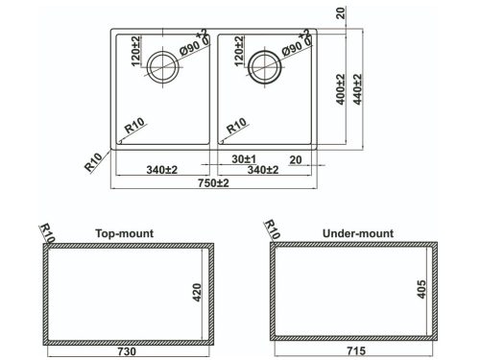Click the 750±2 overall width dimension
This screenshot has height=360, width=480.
coord(213,183)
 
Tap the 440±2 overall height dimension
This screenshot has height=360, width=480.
coord(357,89)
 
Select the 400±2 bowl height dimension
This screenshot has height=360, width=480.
coord(341,89)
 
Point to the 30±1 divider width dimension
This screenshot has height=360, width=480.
coord(244,159)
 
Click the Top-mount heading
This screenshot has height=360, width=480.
coord(125,233)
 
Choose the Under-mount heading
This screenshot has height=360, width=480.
coord(358,233)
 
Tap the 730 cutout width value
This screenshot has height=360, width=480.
coord(127,351)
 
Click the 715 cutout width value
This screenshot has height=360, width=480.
coord(356,351)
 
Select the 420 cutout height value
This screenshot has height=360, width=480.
coord(197,293)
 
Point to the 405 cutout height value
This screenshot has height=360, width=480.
coord(421,289)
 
